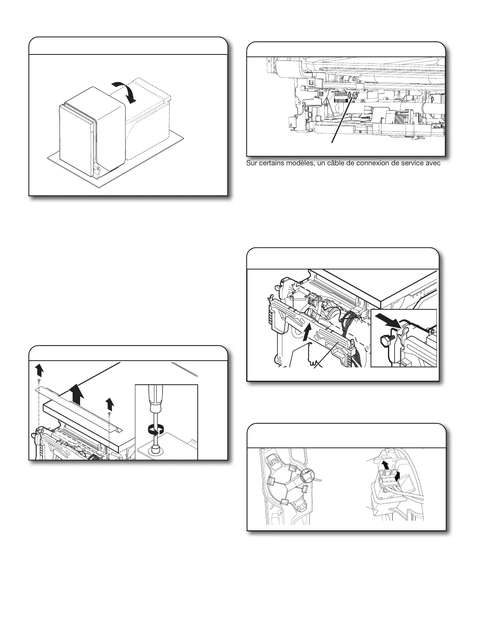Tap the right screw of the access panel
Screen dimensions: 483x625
pyautogui.click(x=109, y=414)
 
